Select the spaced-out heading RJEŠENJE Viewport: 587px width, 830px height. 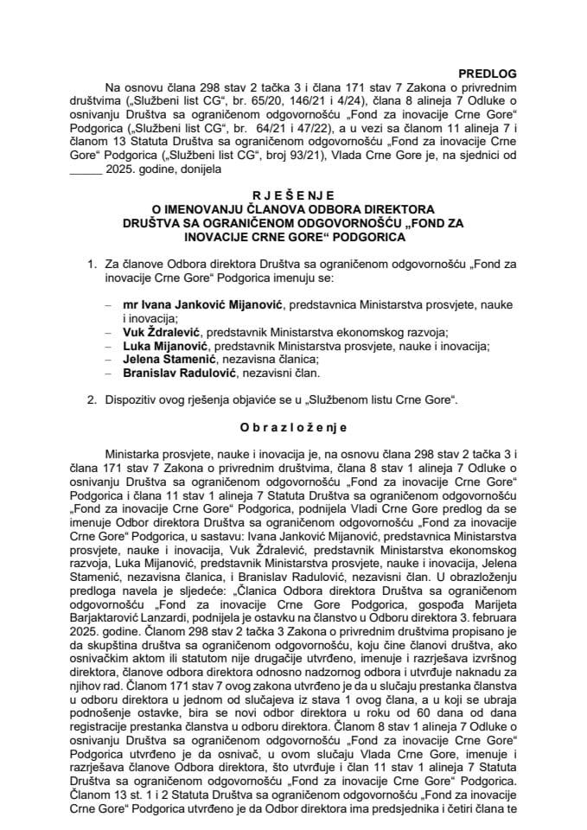click(x=294, y=196)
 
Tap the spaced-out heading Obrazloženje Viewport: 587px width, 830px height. click(x=293, y=426)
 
